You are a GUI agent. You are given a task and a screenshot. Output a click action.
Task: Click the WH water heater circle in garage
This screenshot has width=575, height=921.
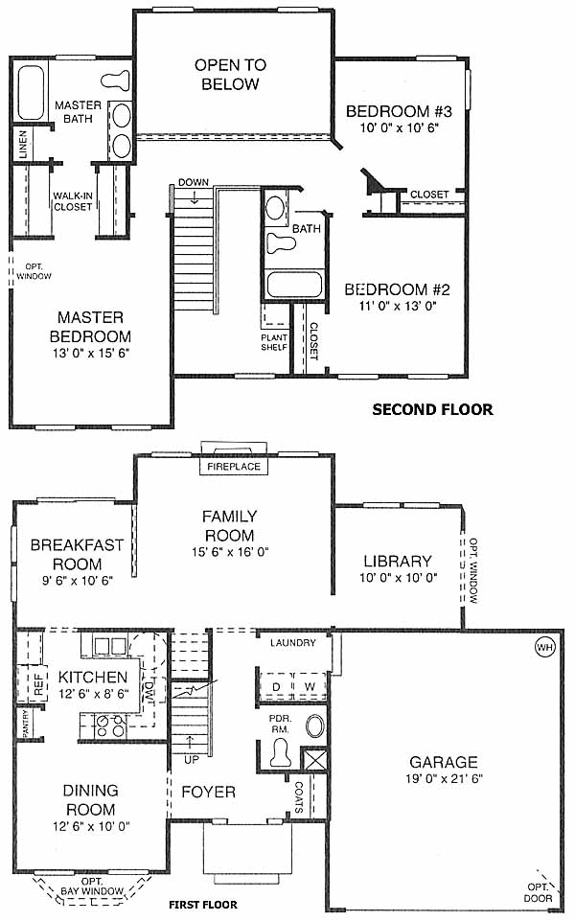pos(544,647)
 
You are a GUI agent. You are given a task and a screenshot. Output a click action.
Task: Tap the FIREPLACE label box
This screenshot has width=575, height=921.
pos(234,467)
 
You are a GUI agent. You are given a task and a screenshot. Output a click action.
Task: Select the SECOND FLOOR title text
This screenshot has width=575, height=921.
pos(432,409)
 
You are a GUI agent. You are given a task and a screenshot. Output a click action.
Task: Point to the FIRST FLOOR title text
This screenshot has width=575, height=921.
pos(203,905)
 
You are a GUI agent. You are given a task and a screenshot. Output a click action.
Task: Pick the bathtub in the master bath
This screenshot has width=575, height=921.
pos(31,93)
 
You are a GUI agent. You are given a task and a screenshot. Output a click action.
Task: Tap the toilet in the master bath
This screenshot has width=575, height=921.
pos(115,81)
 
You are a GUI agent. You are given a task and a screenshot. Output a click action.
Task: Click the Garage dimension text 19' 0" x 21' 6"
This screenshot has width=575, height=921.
pos(444,779)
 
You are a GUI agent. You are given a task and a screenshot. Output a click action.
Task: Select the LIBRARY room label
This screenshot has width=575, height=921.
pos(398,561)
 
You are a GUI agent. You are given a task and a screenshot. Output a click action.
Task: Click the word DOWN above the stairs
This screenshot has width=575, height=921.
pos(194,182)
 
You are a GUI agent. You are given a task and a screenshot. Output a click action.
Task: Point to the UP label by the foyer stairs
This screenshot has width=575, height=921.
pos(192,759)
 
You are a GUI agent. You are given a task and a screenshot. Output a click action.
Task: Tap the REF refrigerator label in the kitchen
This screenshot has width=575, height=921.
pos(38,684)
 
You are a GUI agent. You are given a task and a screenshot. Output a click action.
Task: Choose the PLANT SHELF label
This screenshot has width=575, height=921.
pos(274,342)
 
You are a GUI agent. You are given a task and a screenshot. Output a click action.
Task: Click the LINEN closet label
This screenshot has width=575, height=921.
pos(23,144)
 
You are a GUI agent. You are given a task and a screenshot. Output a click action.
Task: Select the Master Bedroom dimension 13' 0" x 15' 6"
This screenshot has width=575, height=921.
pos(90,353)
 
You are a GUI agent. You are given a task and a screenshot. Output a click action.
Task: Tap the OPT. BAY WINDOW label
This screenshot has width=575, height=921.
pos(92,886)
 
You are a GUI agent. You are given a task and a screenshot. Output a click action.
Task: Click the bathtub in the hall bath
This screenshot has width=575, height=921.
pos(294,285)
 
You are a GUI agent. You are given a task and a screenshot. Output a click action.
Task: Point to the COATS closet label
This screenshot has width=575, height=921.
pos(299,797)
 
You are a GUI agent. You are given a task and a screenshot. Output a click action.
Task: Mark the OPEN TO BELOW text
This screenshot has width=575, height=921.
pos(230,74)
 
